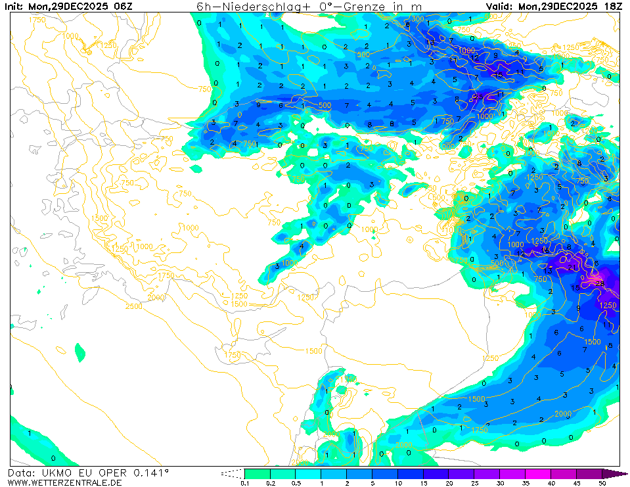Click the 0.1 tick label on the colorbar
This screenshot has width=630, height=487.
pyautogui.click(x=244, y=483)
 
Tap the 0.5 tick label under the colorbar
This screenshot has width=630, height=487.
pyautogui.click(x=295, y=483)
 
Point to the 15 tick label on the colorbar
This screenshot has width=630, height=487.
pyautogui.click(x=423, y=483)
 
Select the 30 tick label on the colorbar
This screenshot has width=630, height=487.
pyautogui.click(x=500, y=483)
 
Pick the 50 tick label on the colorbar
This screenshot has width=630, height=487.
pyautogui.click(x=602, y=483)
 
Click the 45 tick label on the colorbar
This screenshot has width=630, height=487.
pyautogui.click(x=577, y=483)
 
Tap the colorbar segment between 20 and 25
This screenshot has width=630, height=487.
pyautogui.click(x=461, y=473)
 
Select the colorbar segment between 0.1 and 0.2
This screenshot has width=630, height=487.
pyautogui.click(x=257, y=473)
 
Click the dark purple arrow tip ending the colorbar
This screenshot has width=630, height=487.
pyautogui.click(x=614, y=473)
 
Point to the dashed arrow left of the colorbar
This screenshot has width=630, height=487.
pyautogui.click(x=232, y=473)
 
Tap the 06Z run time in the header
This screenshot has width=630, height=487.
pyautogui.click(x=122, y=6)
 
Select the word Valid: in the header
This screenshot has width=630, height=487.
pyautogui.click(x=500, y=6)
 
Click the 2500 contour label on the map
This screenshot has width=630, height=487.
pyautogui.click(x=133, y=306)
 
